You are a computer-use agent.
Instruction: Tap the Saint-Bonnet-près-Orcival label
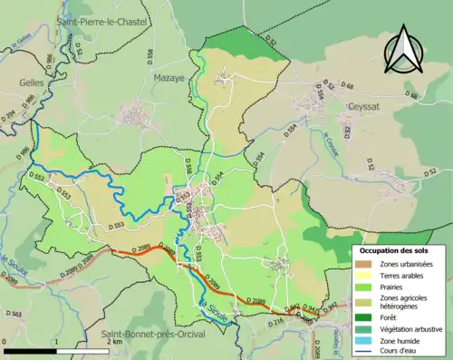click(152, 335)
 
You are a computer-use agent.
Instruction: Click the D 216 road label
click(277, 320)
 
